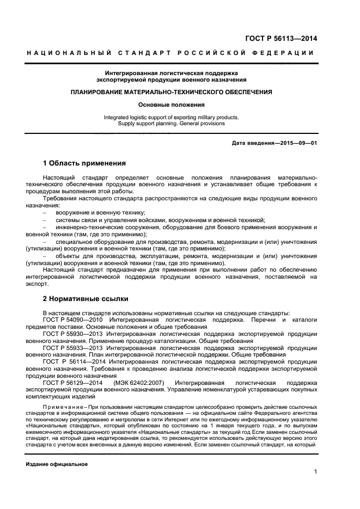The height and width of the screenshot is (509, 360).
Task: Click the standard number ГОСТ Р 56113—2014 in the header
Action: point(281,38)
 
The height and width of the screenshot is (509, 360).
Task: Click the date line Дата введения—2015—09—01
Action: point(274,143)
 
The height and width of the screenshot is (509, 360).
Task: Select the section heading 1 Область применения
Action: point(84,163)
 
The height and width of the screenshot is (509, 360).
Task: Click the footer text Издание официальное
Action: point(57,464)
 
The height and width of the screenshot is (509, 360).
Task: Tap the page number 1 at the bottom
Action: point(315,473)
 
